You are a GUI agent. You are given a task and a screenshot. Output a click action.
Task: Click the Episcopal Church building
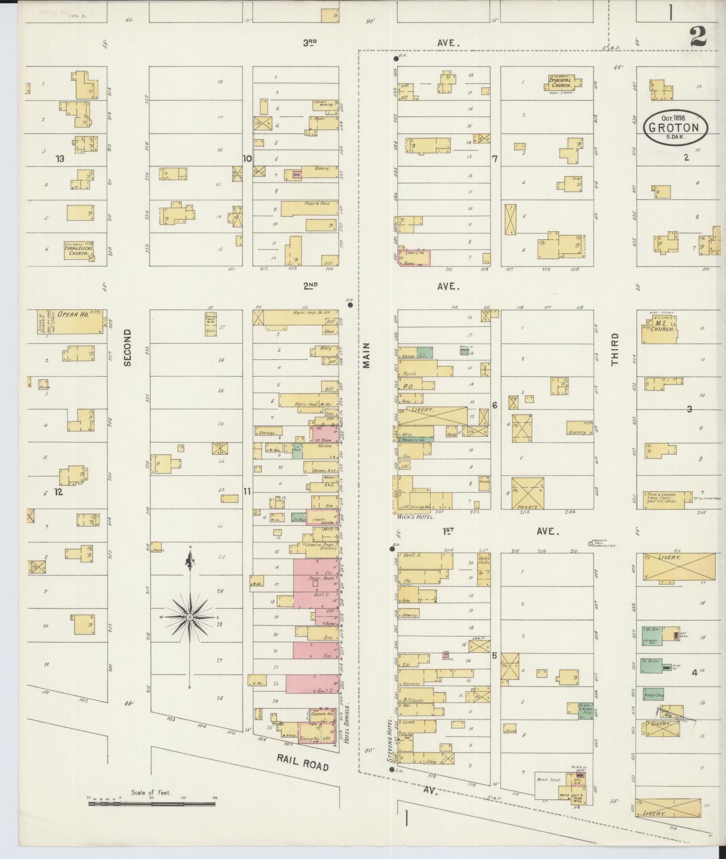click(560, 82)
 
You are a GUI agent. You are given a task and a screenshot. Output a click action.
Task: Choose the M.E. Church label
click(659, 327)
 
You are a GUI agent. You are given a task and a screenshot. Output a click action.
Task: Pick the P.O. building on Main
click(409, 386)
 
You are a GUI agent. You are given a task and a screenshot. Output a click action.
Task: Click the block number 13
click(60, 158)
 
